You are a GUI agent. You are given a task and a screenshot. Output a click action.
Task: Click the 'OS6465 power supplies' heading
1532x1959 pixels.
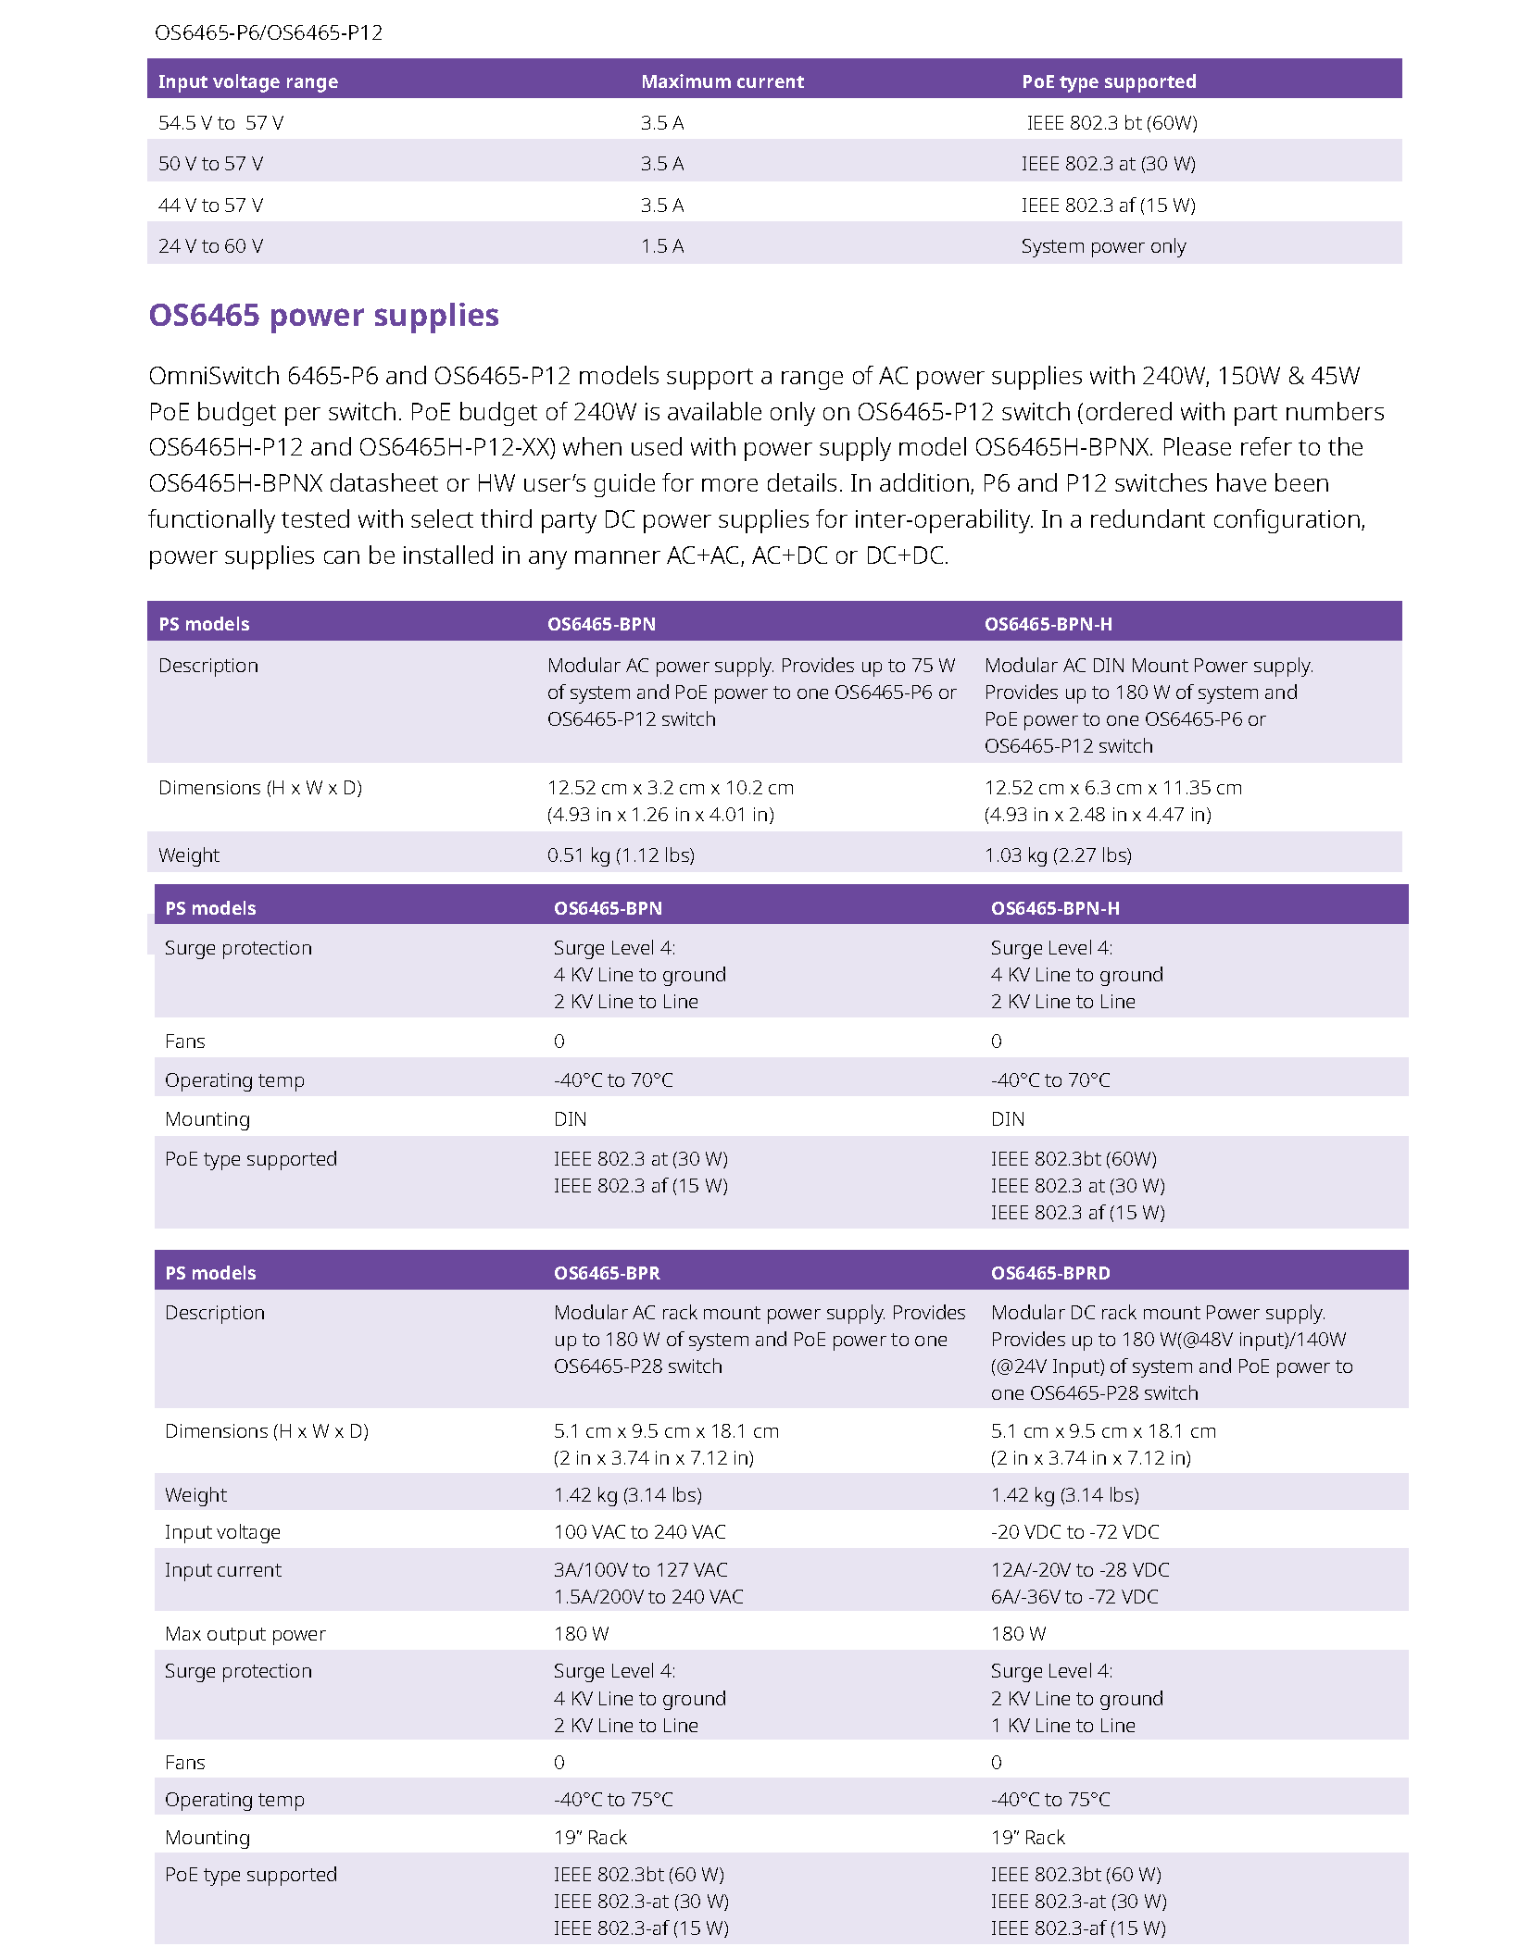click(x=323, y=316)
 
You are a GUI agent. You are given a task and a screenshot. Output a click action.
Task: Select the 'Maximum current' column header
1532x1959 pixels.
click(x=722, y=81)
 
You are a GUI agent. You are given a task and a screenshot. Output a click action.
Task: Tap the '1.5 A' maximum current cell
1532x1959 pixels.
click(x=661, y=246)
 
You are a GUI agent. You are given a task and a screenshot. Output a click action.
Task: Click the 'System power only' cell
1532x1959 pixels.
click(x=1102, y=246)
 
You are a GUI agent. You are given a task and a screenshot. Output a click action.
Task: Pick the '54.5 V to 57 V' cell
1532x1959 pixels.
click(x=220, y=123)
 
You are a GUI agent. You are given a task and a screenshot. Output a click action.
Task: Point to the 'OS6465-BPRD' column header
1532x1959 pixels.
click(x=1049, y=1273)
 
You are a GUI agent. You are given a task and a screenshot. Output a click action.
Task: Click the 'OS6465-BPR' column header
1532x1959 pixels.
click(x=607, y=1273)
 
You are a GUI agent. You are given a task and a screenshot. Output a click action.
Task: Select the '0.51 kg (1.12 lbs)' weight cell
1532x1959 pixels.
click(x=621, y=855)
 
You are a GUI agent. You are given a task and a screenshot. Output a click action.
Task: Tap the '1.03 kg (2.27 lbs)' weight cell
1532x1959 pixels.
click(x=1058, y=855)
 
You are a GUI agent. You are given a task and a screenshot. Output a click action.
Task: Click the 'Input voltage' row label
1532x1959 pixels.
click(x=222, y=1532)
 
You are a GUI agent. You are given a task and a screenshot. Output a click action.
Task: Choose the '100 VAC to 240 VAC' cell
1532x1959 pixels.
click(x=639, y=1532)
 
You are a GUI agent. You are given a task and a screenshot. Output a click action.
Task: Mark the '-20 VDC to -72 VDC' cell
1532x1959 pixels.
click(x=1074, y=1532)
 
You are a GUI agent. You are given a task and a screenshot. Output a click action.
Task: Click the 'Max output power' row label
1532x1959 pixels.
click(x=245, y=1634)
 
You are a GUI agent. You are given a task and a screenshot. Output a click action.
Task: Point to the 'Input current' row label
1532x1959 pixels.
click(x=222, y=1570)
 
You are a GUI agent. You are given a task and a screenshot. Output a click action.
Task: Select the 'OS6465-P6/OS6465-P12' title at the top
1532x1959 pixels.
click(x=269, y=33)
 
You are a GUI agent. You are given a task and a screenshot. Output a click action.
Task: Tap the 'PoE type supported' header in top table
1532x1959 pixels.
click(x=1109, y=81)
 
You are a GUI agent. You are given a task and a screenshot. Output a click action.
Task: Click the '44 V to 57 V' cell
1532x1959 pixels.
click(x=210, y=206)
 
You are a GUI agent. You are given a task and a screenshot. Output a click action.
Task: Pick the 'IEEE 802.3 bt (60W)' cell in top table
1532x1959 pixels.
click(x=1111, y=123)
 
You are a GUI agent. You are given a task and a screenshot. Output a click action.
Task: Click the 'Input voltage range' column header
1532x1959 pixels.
click(x=247, y=81)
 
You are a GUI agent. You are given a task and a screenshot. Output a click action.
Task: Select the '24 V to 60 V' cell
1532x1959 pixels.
click(x=210, y=246)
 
